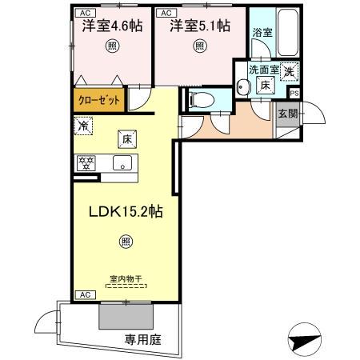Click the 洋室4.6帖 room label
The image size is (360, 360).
112,26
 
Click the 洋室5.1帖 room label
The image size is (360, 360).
199,26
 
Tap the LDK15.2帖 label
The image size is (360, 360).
126,213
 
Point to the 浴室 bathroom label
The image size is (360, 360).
262,33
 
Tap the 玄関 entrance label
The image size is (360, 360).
287,112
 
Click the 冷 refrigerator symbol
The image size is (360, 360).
82,125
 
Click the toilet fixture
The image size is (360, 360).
201,99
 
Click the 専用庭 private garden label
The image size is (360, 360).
143,339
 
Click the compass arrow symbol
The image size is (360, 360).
304,339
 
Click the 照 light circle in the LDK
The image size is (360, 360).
126,240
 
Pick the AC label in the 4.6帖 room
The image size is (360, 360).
83,14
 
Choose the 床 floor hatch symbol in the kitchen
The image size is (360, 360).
126,138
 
